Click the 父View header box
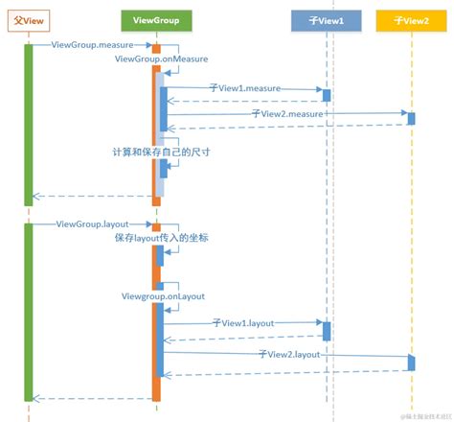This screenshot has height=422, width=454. coord(28,18)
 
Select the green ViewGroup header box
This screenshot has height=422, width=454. coord(156,18)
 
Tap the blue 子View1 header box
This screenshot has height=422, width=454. coord(326,18)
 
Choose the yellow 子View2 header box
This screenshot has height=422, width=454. coord(411,18)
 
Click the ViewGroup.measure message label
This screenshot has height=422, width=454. coord(92,45)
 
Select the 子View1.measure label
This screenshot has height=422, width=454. coord(245,88)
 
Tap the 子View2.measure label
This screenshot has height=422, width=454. coord(287,113)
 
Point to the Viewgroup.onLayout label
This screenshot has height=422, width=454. coord(163,296)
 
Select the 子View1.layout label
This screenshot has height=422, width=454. coord(243,324)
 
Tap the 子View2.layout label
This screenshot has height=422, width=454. coord(288,355)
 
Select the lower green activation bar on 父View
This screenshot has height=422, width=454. coord(29,313)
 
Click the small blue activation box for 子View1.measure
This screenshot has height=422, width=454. coord(327,95)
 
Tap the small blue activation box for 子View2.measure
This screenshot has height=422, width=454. coord(411,118)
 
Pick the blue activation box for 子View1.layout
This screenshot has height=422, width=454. coord(327,331)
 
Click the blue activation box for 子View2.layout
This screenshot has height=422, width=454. coord(411,363)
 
